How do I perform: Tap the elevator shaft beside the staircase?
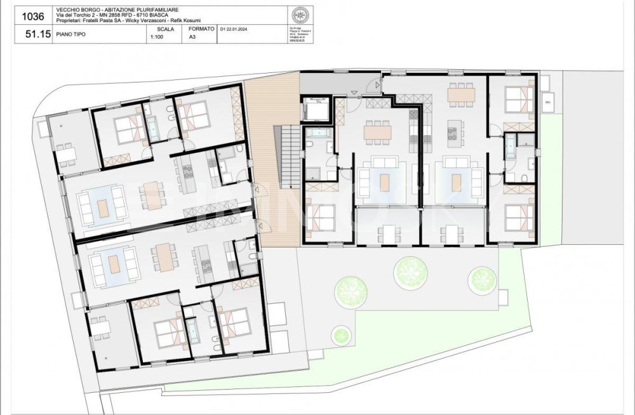(x=315, y=109)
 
